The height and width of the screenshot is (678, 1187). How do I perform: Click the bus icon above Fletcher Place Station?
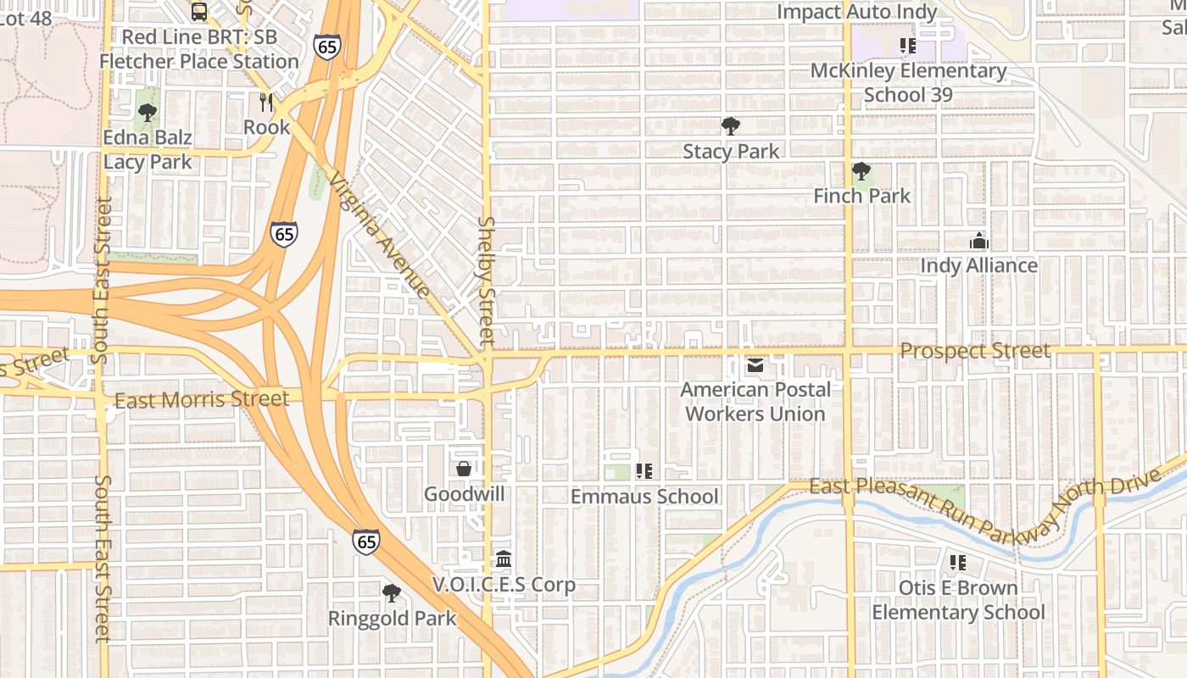pyautogui.click(x=199, y=12)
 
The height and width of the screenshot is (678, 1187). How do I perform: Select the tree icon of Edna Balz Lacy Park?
pyautogui.click(x=148, y=112)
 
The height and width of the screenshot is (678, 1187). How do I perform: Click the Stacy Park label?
pyautogui.click(x=731, y=152)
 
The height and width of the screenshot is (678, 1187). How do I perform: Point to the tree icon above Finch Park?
pyautogui.click(x=861, y=172)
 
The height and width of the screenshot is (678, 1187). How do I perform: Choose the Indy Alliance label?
pyautogui.click(x=978, y=266)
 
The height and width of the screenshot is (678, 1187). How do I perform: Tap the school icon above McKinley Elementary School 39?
pyautogui.click(x=908, y=46)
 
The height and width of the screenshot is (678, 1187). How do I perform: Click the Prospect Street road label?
pyautogui.click(x=975, y=351)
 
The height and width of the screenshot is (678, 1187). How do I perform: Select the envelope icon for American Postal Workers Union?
pyautogui.click(x=755, y=366)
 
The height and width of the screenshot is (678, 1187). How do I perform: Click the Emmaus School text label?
pyautogui.click(x=644, y=497)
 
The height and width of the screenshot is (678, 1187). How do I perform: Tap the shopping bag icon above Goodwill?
pyautogui.click(x=464, y=469)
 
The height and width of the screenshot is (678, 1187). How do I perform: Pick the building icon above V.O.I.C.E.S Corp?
pyautogui.click(x=504, y=559)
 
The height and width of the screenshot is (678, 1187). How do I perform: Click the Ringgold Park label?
pyautogui.click(x=392, y=619)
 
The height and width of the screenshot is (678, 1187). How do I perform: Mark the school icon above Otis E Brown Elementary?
pyautogui.click(x=958, y=563)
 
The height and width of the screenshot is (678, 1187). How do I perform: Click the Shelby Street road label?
pyautogui.click(x=486, y=280)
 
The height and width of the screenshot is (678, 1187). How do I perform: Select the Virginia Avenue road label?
pyautogui.click(x=379, y=235)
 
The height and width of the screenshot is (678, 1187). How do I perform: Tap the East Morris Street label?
pyautogui.click(x=201, y=399)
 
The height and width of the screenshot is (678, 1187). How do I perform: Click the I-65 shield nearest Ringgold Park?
pyautogui.click(x=366, y=542)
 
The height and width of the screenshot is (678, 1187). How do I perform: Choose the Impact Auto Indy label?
pyautogui.click(x=856, y=12)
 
